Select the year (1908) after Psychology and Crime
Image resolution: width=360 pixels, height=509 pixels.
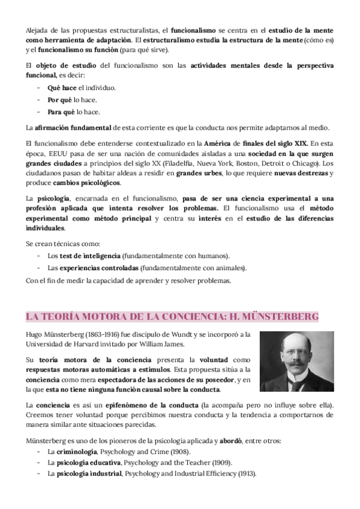pos(179,451)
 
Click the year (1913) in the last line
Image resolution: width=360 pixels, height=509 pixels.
pos(244,473)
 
